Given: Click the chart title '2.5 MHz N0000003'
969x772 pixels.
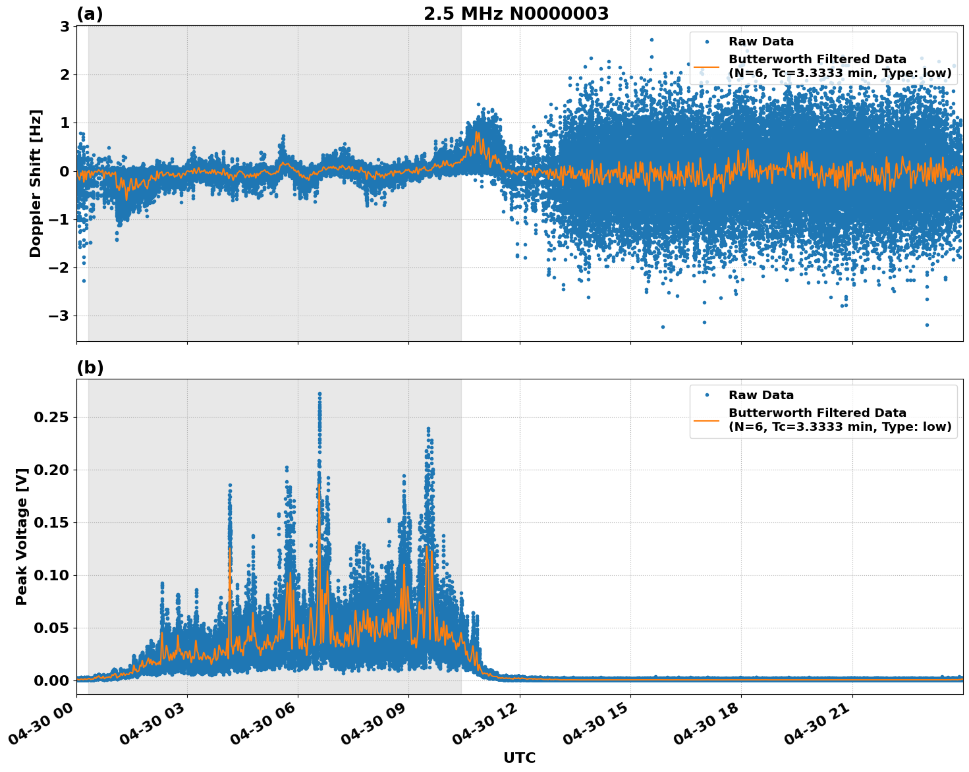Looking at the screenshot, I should (516, 14).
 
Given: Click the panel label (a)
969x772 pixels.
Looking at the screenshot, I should (90, 14).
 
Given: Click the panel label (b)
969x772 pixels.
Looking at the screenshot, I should (90, 368).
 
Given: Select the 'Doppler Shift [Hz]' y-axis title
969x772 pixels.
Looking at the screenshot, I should (36, 183).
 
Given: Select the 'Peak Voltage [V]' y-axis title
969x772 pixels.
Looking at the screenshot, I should (22, 536).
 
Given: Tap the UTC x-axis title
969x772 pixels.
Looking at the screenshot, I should (519, 758).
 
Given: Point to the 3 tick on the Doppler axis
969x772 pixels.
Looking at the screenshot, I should (65, 26).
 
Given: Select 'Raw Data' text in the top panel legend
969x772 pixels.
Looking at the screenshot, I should (761, 41).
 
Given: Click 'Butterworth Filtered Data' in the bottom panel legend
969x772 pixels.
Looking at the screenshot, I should (817, 413).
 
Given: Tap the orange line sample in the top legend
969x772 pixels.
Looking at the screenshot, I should (706, 67).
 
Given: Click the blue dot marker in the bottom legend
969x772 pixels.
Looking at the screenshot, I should (706, 395).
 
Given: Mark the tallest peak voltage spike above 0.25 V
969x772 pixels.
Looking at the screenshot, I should (319, 394).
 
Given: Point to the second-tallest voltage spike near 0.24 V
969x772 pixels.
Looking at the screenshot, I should (428, 428).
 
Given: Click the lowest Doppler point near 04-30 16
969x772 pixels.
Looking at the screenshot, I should (663, 327).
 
